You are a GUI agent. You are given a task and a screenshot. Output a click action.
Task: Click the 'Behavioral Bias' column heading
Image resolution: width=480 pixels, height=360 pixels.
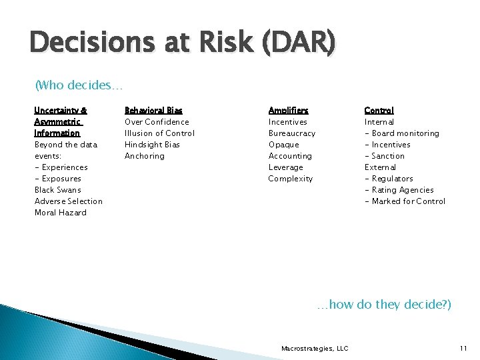coord(153,111)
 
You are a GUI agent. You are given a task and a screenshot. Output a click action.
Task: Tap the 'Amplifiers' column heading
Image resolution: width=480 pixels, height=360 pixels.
coord(288,111)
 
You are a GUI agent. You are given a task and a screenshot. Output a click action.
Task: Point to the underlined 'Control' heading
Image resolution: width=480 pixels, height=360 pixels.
coord(379,111)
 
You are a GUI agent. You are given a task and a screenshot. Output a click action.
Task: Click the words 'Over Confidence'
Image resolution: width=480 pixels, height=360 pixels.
coord(157,122)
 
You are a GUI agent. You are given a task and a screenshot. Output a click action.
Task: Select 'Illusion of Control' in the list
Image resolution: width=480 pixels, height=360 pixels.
coord(159,133)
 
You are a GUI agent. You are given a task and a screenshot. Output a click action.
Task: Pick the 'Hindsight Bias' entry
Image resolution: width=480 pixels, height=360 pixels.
coord(152,145)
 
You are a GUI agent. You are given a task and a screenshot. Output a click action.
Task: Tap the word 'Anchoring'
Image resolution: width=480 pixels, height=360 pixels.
coord(145,156)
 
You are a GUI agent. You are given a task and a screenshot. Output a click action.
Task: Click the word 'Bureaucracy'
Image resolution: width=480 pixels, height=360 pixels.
coord(291,133)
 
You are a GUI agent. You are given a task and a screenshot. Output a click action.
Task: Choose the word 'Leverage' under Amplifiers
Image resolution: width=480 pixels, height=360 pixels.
coord(285,167)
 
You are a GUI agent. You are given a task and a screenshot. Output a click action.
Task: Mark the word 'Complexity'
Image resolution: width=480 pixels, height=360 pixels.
coord(290,179)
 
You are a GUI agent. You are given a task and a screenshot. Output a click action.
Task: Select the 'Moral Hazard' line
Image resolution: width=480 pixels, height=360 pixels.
coord(61,213)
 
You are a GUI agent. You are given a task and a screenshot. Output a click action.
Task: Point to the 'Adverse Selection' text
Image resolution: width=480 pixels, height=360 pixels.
coord(69,201)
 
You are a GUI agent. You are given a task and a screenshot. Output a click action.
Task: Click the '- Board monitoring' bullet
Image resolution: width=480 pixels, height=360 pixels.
coord(401,133)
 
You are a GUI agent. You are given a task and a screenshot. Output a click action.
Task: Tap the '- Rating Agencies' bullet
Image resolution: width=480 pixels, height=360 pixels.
coord(399,190)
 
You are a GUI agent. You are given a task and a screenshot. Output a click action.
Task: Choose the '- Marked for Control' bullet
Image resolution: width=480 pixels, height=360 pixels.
coord(405,201)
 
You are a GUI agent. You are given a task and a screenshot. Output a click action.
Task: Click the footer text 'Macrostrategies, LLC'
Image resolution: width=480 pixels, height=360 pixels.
coord(315,348)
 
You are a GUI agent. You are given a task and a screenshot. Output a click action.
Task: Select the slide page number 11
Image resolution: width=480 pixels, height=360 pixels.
coord(463,348)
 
